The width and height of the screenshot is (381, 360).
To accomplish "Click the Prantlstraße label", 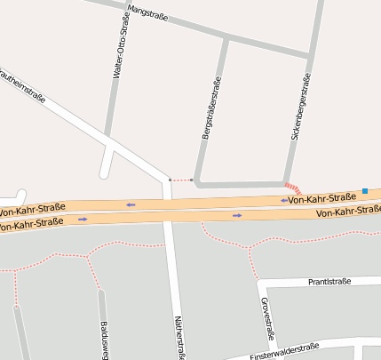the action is click(329, 281).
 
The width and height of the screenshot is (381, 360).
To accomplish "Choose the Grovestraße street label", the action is click(266, 318).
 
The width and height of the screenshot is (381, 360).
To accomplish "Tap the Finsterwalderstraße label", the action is click(284, 350).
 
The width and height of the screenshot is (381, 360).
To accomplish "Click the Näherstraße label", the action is click(179, 338).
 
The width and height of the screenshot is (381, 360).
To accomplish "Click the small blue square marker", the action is click(364, 190).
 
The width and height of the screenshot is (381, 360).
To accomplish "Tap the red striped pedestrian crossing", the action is click(294, 188).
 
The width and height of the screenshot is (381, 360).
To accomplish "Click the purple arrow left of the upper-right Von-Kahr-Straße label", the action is click(284, 200).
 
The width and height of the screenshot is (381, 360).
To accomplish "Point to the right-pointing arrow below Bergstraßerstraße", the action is click(236, 215).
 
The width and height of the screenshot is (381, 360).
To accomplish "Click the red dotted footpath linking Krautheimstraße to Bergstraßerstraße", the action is click(181, 180).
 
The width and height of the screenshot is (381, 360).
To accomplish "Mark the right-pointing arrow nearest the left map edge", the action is click(83, 219).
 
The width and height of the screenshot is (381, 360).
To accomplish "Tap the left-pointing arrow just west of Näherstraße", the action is click(131, 204).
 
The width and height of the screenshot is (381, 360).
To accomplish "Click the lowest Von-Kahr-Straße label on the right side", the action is click(348, 211).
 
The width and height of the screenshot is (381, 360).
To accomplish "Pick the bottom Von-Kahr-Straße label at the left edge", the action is click(31, 224).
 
